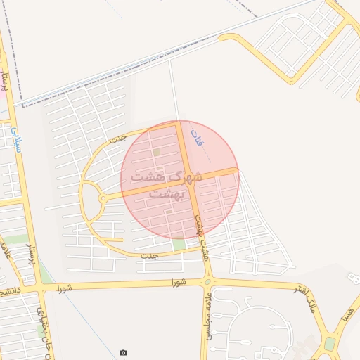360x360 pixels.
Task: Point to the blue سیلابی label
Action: click(x=16, y=137)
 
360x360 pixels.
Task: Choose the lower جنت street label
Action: click(x=148, y=255)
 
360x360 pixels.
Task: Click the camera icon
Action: click(x=124, y=352)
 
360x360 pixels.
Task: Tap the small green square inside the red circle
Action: click(x=157, y=151)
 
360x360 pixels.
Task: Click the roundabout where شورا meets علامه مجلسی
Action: click(x=207, y=283)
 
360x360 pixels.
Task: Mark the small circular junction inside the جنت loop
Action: click(x=103, y=199)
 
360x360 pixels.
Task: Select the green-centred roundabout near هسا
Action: click(x=330, y=343)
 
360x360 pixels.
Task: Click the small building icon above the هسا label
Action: click(x=353, y=278)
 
